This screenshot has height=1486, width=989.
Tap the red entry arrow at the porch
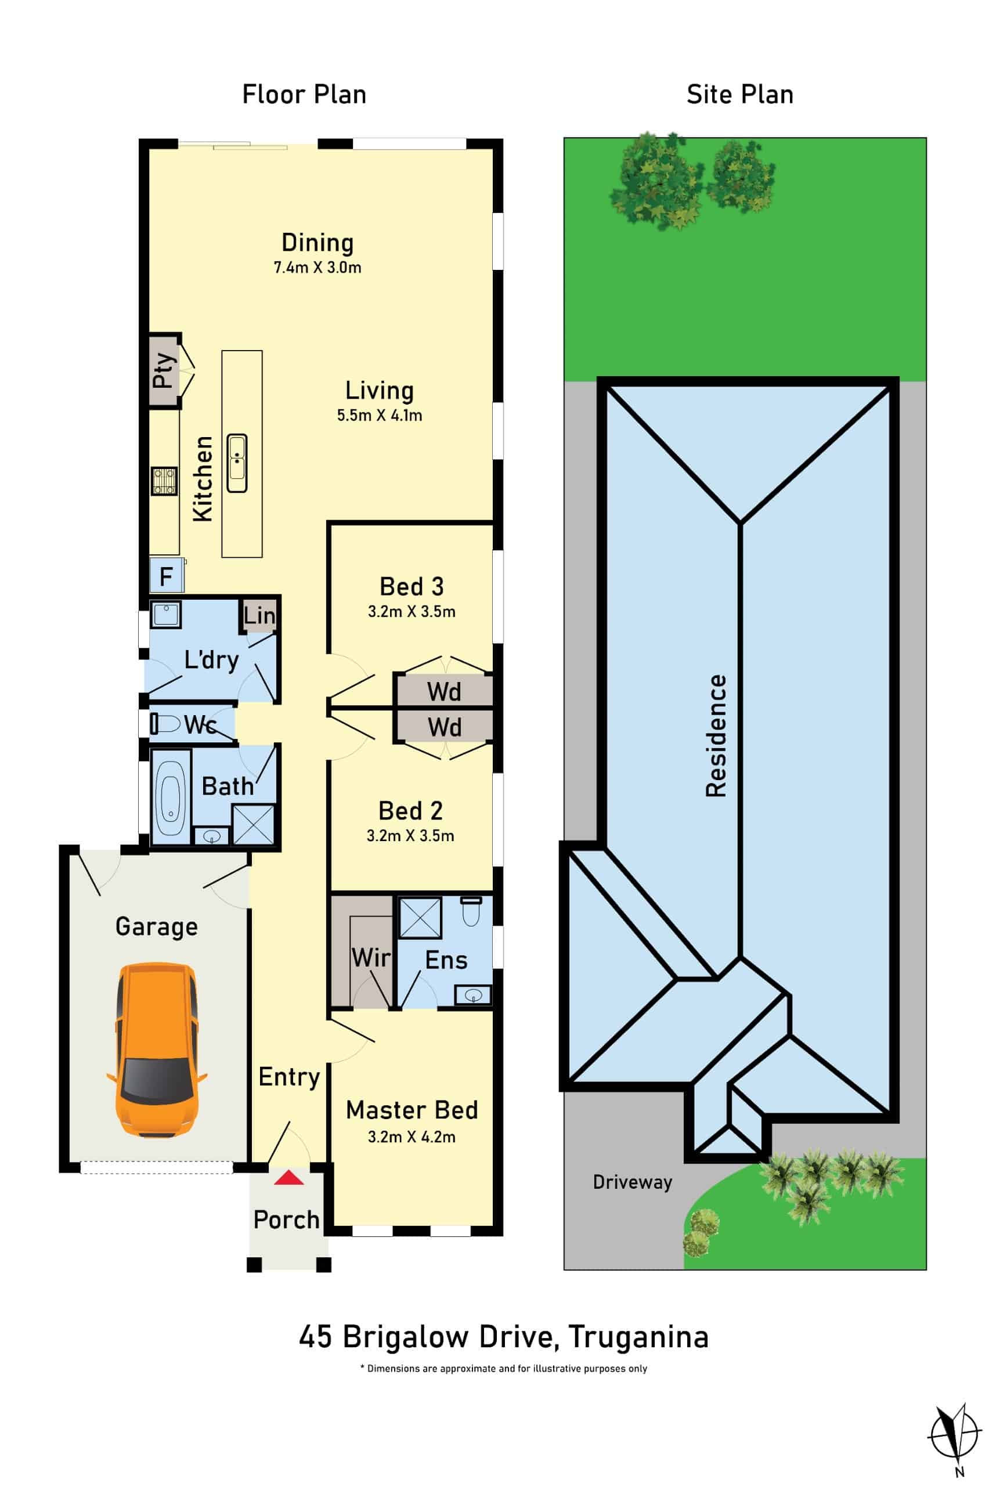[289, 1178]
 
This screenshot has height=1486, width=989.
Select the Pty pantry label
[163, 370]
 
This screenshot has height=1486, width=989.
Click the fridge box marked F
[167, 575]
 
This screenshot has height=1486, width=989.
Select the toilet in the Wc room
[165, 723]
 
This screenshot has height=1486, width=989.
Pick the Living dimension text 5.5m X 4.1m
[380, 415]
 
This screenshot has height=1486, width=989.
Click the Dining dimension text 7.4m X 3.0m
[317, 267]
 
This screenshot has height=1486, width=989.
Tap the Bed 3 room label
[412, 587]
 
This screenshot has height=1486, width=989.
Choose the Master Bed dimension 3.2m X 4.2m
[412, 1137]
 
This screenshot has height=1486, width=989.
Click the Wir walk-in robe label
[371, 957]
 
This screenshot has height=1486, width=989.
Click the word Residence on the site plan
[716, 735]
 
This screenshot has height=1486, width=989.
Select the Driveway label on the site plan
[633, 1182]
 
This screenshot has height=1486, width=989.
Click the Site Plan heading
[740, 95]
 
